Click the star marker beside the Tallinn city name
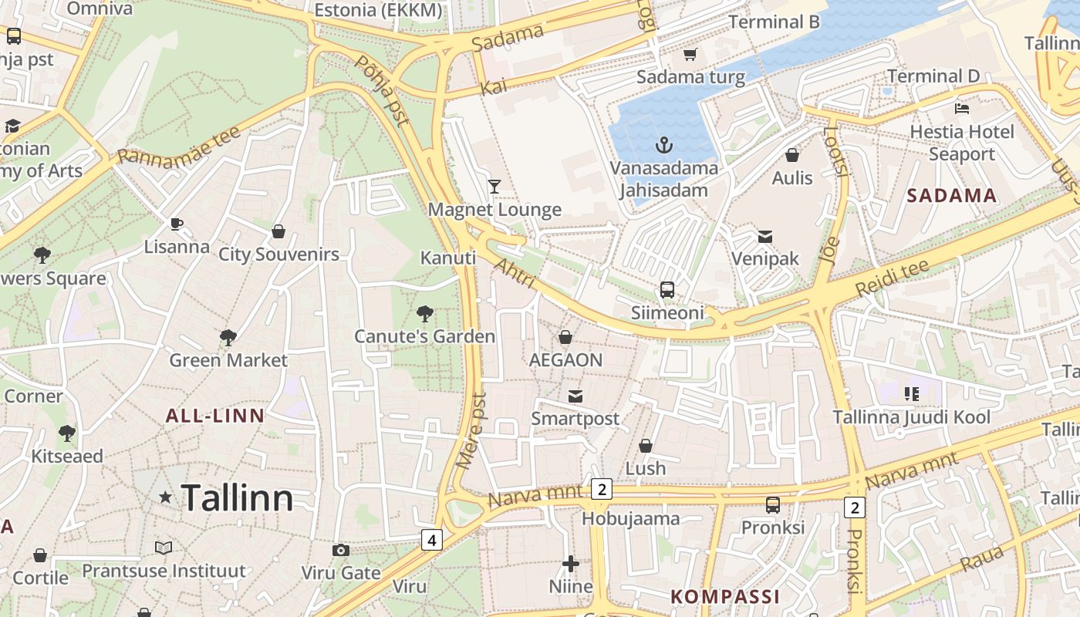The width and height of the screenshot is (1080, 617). (x=165, y=497)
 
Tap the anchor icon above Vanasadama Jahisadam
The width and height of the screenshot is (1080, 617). (x=663, y=144)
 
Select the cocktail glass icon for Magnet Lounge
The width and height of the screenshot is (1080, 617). (x=494, y=186)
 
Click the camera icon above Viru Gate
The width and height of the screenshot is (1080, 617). (x=340, y=550)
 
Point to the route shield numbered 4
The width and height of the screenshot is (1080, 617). (x=432, y=540)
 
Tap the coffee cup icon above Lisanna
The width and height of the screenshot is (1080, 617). (x=177, y=224)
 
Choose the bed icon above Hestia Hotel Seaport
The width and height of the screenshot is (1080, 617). (x=961, y=108)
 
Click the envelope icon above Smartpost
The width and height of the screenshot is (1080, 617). (x=575, y=396)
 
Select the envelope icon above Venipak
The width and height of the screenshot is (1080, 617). (x=765, y=236)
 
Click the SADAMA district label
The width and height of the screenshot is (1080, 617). (x=952, y=196)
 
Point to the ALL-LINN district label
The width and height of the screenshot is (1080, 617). (x=215, y=416)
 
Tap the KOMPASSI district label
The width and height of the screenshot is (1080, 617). (x=725, y=596)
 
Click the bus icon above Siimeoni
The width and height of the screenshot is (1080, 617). (x=667, y=290)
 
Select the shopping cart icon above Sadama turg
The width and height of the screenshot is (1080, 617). (x=690, y=54)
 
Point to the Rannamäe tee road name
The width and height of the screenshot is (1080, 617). (x=179, y=145)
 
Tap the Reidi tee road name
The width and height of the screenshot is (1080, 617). (x=892, y=278)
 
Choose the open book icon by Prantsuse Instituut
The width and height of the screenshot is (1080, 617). (x=164, y=548)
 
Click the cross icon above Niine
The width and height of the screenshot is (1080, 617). (x=571, y=564)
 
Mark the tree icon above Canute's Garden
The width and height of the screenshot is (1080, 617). (x=424, y=313)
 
